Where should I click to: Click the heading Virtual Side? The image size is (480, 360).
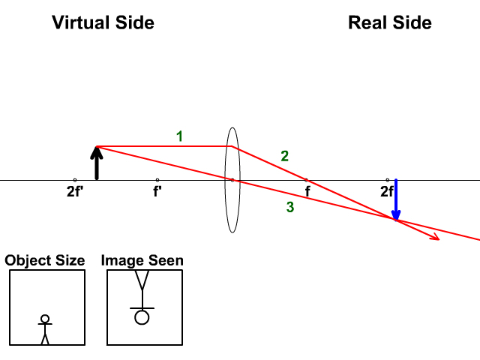103,22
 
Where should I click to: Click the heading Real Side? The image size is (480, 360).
389,22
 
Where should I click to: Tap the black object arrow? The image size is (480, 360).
96,163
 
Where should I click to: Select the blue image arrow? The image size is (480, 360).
396,200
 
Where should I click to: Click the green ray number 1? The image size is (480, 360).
179,136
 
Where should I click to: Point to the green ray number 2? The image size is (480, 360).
284,156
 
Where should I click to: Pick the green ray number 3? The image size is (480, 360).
289,208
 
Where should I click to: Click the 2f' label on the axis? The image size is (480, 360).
74,191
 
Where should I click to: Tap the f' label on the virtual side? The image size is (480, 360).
157,191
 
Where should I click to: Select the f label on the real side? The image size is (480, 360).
307,191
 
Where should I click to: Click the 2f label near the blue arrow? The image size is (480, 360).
386,191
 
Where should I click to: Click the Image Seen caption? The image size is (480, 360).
142,261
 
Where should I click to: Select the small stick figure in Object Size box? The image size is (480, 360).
45,328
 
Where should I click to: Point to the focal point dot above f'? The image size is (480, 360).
157,180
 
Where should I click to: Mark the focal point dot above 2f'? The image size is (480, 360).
75,180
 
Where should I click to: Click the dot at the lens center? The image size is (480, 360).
232,180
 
